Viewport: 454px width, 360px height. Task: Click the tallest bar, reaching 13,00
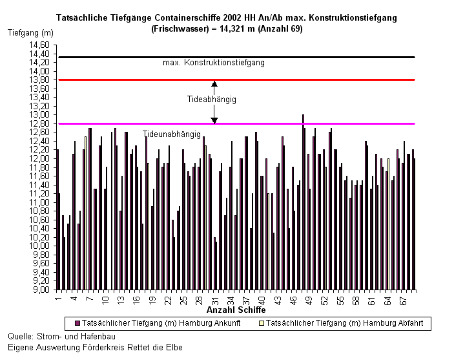coord(303,202)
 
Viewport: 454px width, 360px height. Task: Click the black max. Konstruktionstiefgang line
coord(237,57)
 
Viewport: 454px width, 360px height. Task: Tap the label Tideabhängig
coord(212,100)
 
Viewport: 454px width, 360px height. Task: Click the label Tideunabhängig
coord(172,134)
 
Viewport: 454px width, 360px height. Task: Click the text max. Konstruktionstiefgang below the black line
coord(214,63)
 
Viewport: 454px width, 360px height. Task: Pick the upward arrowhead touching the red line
coord(214,84)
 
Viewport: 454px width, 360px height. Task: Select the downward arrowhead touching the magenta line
coord(214,121)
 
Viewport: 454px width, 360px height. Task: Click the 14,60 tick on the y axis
coord(39,45)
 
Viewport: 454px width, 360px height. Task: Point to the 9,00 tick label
coord(41,290)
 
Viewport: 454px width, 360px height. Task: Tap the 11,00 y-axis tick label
coord(39,202)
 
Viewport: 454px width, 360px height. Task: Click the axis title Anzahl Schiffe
coord(236,310)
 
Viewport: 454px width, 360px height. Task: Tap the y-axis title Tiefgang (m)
coord(31,33)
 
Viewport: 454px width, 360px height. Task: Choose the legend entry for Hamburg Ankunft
coord(158,323)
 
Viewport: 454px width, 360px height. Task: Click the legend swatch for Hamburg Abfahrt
coord(262,323)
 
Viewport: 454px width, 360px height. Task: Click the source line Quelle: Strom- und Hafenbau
coord(61,336)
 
